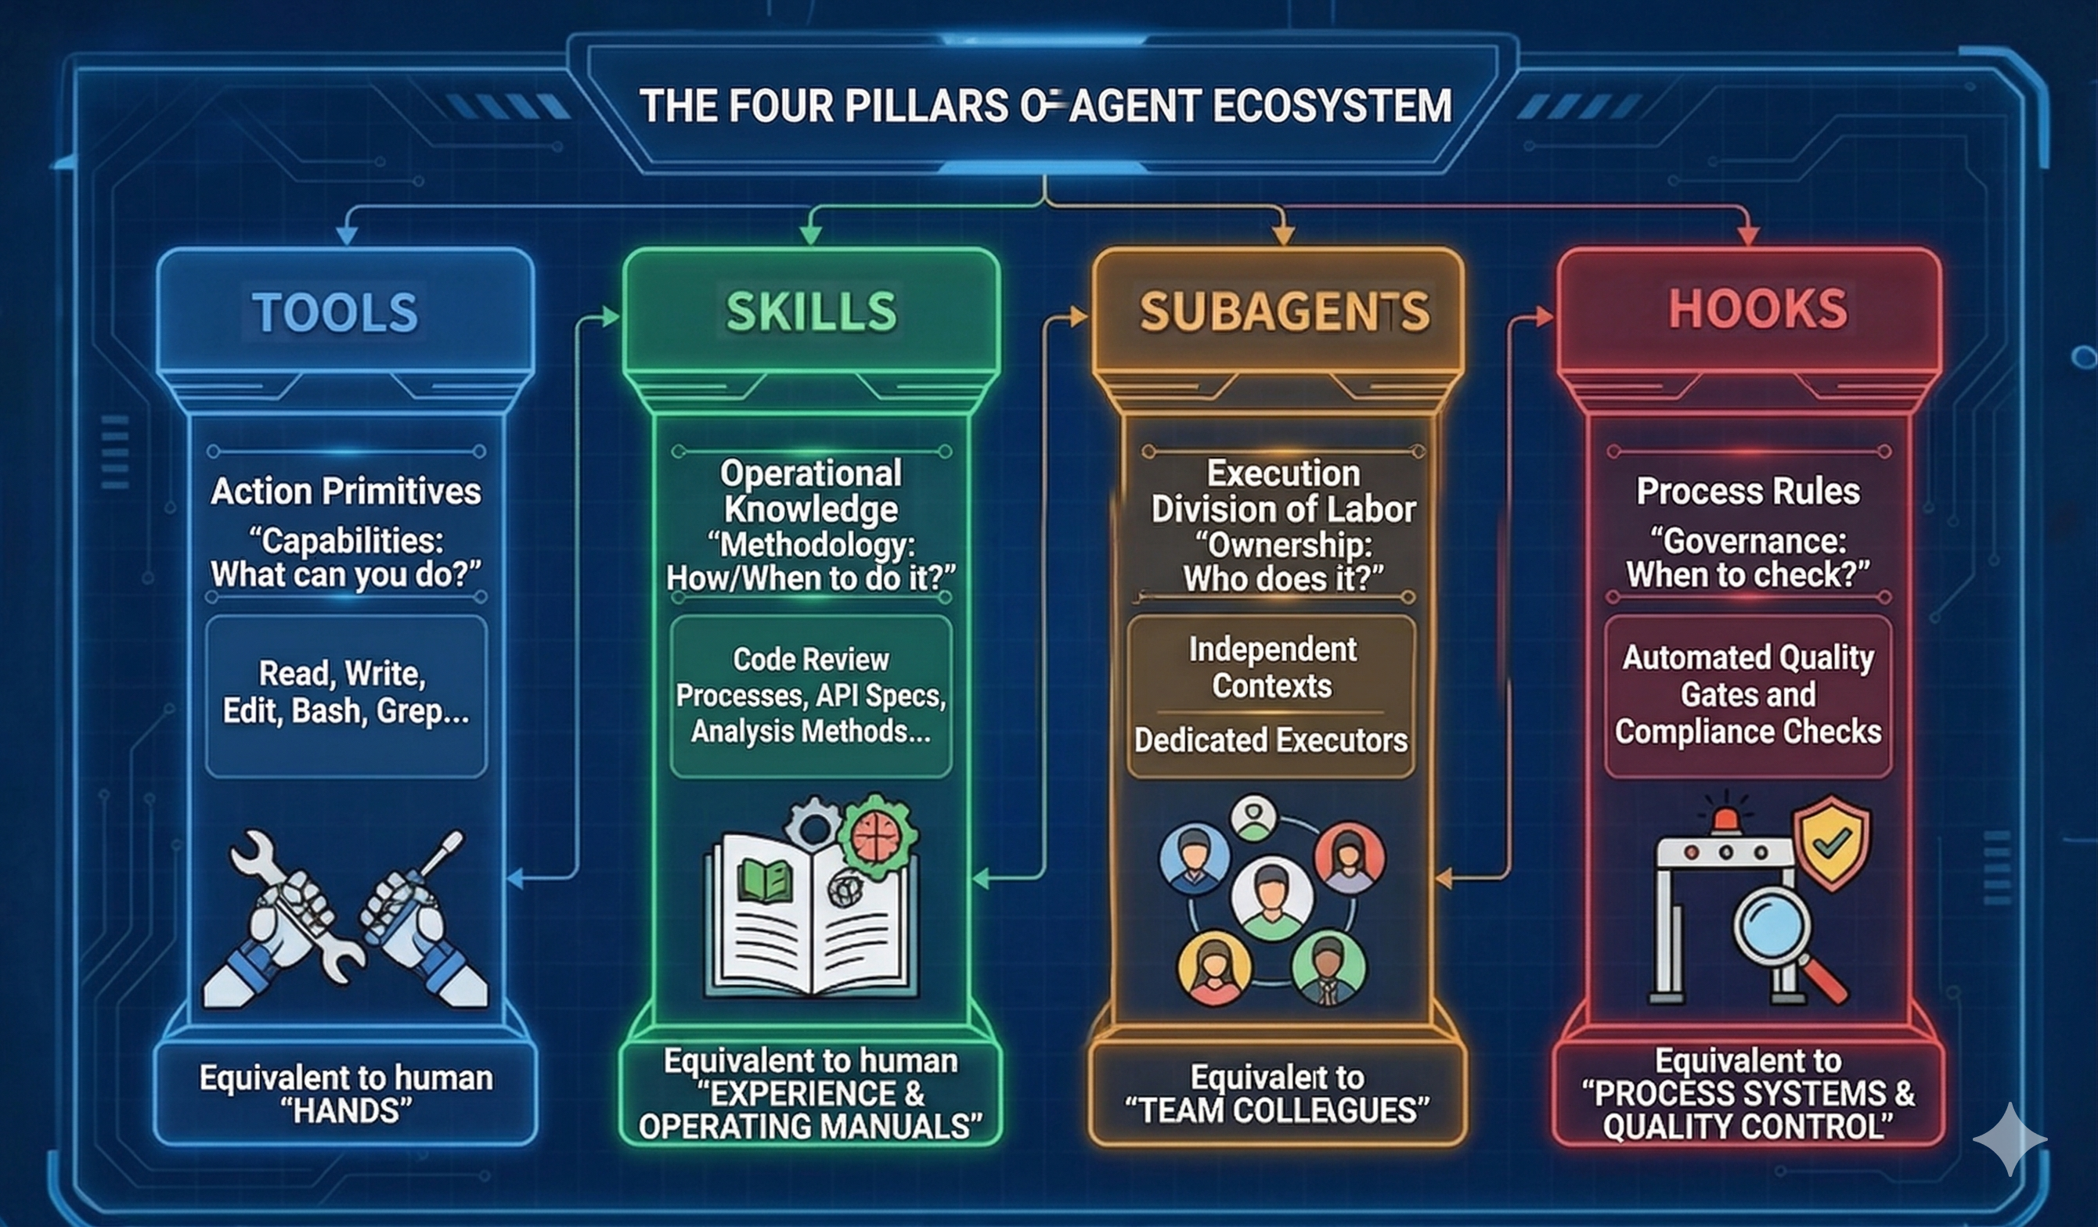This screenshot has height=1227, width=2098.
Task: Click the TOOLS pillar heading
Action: tap(335, 312)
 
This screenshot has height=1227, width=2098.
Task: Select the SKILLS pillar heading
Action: tap(811, 312)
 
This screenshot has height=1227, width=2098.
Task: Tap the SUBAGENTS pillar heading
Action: tap(1284, 312)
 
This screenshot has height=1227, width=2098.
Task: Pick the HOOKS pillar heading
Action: tap(1757, 309)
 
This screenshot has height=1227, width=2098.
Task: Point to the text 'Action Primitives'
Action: tap(345, 491)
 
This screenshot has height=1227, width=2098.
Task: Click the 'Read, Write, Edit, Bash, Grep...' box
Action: tap(345, 696)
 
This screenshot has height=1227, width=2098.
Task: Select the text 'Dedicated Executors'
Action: tap(1271, 740)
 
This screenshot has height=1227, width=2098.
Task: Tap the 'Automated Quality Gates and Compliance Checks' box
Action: tap(1748, 696)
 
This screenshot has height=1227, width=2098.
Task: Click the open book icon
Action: tap(812, 916)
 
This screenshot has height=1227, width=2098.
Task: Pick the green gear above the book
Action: tap(878, 836)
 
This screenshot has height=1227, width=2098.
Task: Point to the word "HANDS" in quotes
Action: tap(346, 1110)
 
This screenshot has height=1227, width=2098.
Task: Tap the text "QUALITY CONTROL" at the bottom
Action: tap(1747, 1127)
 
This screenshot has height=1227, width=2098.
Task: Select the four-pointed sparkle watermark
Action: tap(2010, 1139)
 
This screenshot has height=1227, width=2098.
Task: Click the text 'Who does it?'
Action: tap(1284, 579)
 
